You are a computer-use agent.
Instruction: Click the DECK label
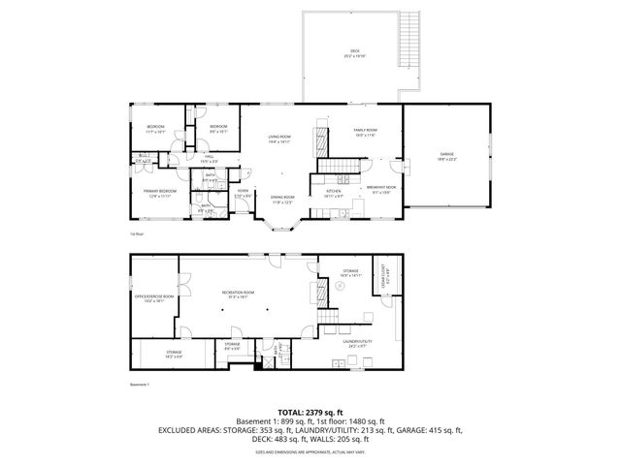point(354,52)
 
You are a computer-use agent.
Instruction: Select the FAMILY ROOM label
point(365,131)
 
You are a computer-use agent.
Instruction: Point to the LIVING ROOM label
point(279,139)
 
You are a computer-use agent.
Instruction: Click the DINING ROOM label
point(281,199)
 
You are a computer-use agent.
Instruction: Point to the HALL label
point(208,158)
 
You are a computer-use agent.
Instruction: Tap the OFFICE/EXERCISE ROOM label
point(154,297)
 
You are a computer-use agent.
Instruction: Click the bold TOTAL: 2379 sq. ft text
point(310,411)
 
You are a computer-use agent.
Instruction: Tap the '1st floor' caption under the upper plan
point(137,234)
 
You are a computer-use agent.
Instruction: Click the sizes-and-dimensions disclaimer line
point(310,451)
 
